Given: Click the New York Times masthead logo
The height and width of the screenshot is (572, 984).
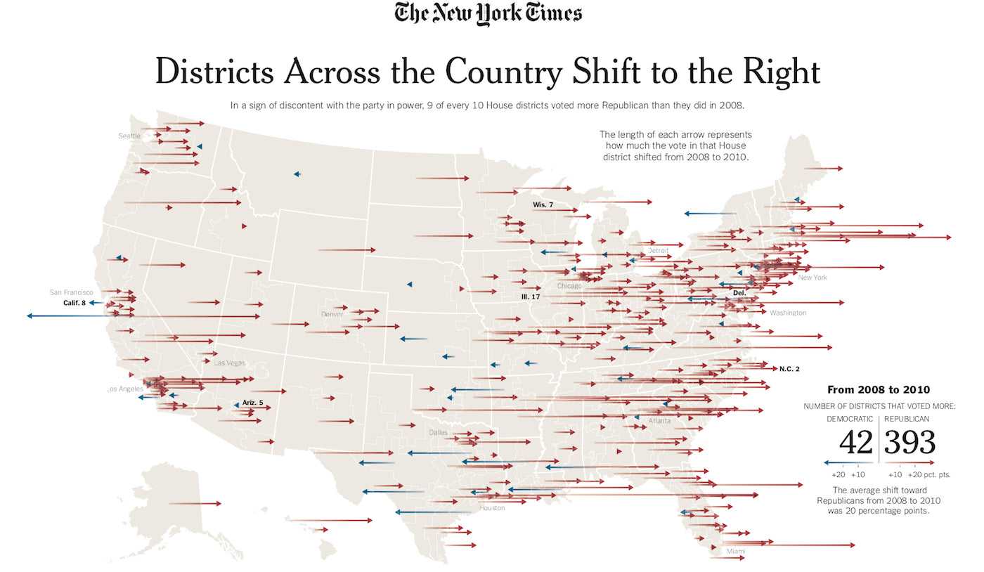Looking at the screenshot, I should [x=488, y=13].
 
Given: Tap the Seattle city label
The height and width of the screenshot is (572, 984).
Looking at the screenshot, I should [x=129, y=136].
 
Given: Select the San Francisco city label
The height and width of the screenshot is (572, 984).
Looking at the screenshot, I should [x=71, y=292].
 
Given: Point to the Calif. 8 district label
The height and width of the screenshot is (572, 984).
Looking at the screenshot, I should [x=74, y=303].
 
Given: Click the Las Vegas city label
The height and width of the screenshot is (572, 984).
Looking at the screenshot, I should [x=230, y=363].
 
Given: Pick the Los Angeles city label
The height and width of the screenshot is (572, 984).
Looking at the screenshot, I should [x=124, y=389].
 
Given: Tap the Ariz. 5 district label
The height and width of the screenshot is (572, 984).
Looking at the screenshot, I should [x=252, y=403].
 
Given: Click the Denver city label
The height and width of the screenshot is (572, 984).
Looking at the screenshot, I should [x=332, y=314].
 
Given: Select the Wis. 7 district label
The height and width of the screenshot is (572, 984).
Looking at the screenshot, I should [x=543, y=204].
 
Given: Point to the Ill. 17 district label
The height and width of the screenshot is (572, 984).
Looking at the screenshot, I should [x=530, y=297].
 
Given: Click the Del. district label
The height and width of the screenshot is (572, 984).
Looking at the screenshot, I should [x=739, y=292].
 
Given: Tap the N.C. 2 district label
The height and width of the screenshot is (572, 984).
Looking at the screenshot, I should [x=789, y=368].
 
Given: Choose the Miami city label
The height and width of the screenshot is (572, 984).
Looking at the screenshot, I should [x=735, y=551].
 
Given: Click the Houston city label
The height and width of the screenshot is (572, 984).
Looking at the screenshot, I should [x=492, y=508].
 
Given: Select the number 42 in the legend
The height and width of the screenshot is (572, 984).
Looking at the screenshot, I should [x=855, y=443].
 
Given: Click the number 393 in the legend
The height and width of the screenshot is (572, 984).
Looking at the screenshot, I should [x=909, y=443].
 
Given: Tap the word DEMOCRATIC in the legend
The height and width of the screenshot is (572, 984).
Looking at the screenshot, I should [x=849, y=419].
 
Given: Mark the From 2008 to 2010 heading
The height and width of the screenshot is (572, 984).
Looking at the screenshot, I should [x=878, y=389].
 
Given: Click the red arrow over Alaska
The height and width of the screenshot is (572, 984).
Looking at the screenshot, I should [x=196, y=503].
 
